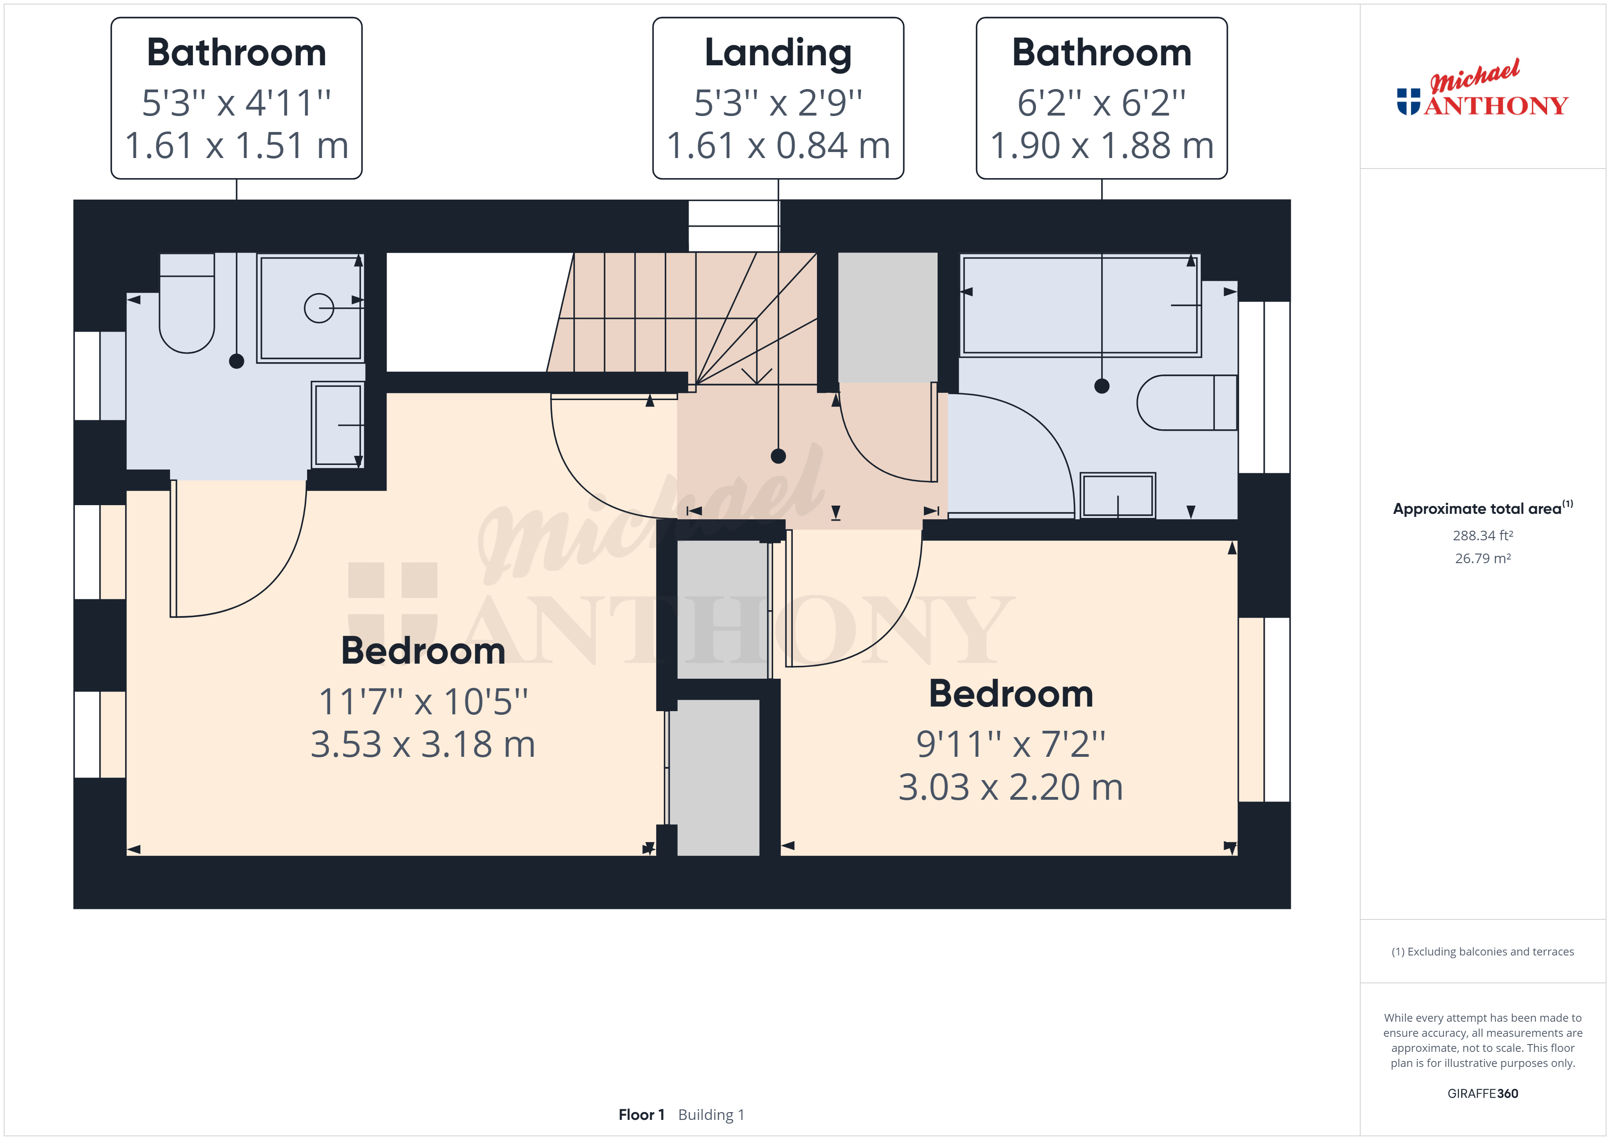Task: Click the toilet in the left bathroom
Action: [187, 303]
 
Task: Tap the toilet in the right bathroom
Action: [1187, 402]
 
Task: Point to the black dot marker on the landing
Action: [778, 456]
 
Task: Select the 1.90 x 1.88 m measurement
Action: [1102, 146]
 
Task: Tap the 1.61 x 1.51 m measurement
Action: [237, 146]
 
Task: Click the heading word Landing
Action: [778, 53]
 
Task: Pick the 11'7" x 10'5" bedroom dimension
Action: [424, 701]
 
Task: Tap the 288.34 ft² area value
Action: [1483, 536]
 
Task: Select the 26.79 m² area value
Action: [1483, 559]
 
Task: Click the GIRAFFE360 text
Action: [1483, 1094]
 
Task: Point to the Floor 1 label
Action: [641, 1115]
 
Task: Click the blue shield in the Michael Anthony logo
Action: [1408, 102]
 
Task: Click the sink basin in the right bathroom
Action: [1118, 496]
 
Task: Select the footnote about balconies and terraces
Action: [1483, 952]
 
